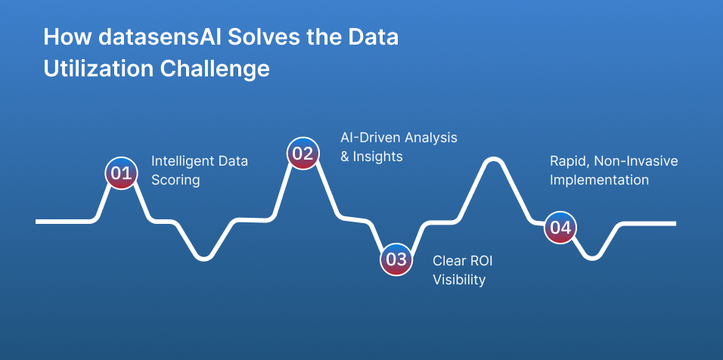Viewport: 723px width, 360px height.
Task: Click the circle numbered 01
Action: click(121, 173)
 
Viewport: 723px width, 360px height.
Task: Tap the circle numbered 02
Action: click(303, 154)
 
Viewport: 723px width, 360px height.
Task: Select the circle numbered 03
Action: click(396, 259)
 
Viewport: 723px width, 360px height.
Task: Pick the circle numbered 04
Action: click(560, 227)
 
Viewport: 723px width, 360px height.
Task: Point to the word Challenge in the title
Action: click(215, 69)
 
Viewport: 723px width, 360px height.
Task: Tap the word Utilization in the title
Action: click(98, 69)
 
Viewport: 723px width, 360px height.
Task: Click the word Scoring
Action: click(175, 180)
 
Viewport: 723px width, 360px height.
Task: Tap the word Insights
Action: click(377, 157)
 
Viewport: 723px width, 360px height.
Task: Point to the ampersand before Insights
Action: click(345, 157)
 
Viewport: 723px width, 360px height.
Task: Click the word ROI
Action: click(482, 261)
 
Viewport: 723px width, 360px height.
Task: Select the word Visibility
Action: click(459, 279)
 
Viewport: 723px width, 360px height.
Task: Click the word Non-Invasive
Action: click(636, 161)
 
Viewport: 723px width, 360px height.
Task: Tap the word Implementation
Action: click(600, 180)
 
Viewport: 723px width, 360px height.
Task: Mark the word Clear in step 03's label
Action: click(449, 261)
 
